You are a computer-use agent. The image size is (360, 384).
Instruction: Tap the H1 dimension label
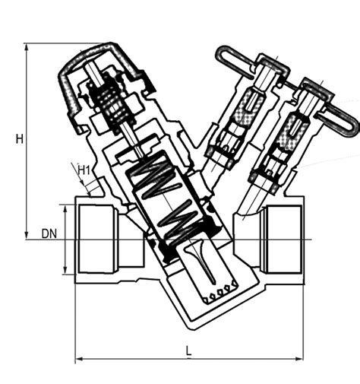coord(84,171)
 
